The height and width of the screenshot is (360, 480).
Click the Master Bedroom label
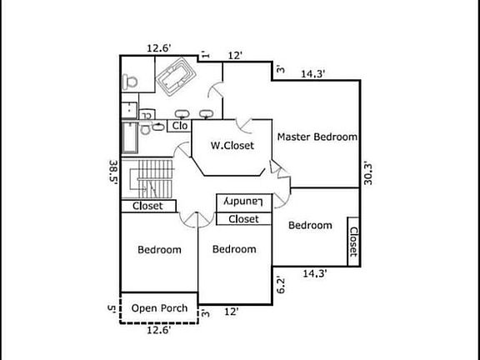pos(317,137)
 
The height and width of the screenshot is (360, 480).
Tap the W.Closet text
pos(232,145)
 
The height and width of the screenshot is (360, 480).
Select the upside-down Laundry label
pos(243,202)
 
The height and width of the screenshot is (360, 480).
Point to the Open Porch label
pos(159,308)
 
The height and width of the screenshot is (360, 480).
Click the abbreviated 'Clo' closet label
pos(180,126)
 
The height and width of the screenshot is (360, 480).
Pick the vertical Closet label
pos(353,242)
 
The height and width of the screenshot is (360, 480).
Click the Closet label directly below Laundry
pos(243,219)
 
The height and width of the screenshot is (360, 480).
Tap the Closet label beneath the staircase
pos(147,206)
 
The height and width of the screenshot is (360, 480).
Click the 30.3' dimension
pos(368,174)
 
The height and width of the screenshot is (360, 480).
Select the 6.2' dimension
pos(282,285)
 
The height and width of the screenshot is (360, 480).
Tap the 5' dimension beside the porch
pos(111,307)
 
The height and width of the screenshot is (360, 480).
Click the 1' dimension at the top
pos(205,55)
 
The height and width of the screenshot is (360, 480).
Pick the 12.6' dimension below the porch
pos(159,330)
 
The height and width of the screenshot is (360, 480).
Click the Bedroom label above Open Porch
pos(159,249)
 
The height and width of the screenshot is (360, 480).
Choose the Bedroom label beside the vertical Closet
pos(310,225)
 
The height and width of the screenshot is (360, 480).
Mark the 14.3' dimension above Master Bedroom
pos(313,74)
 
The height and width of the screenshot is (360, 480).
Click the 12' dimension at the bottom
pos(232,312)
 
